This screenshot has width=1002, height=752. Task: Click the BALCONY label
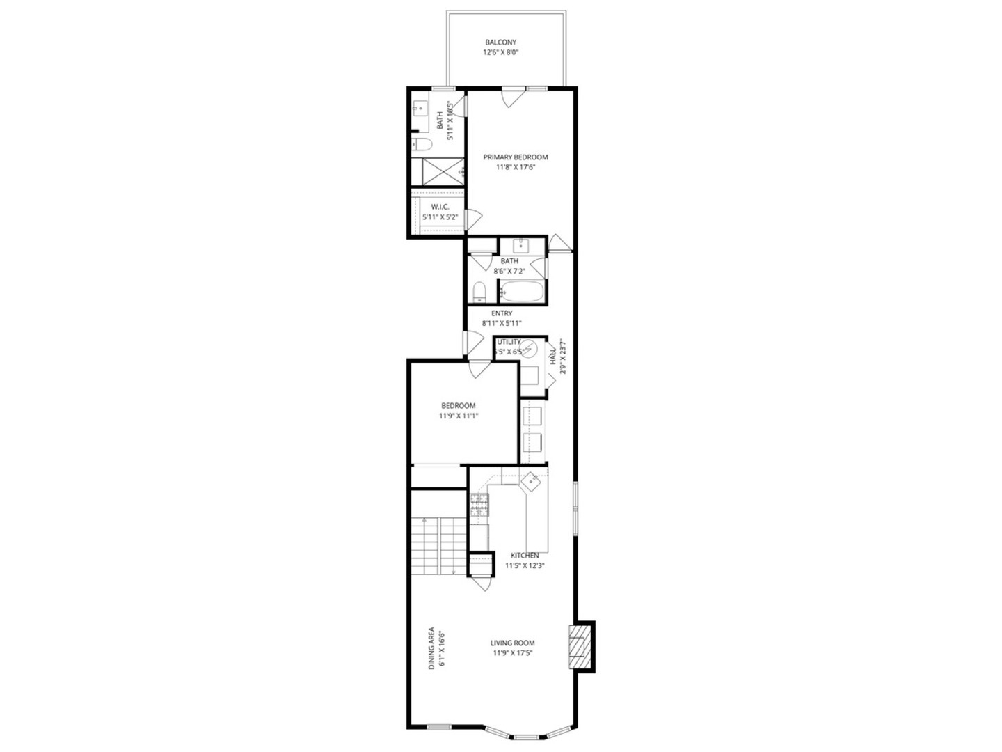pos(501,42)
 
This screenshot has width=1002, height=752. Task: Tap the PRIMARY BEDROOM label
pos(516,157)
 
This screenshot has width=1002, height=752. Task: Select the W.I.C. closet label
pos(440,207)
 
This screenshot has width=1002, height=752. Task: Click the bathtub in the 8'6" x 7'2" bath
pos(521,292)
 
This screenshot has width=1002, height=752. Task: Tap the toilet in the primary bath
pos(422,144)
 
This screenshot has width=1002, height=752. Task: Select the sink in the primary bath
pos(420,109)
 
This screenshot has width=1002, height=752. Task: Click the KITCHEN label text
pos(525,556)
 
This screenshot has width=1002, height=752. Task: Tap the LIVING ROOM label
pos(513,643)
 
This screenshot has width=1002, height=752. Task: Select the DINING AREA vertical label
pos(431,649)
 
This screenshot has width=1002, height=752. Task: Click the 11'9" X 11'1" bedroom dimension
pos(459,416)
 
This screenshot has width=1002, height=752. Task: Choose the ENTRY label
pos(502,313)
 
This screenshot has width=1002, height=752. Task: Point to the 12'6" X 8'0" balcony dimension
pos(502,53)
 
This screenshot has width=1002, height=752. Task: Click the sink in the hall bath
pos(521,245)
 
